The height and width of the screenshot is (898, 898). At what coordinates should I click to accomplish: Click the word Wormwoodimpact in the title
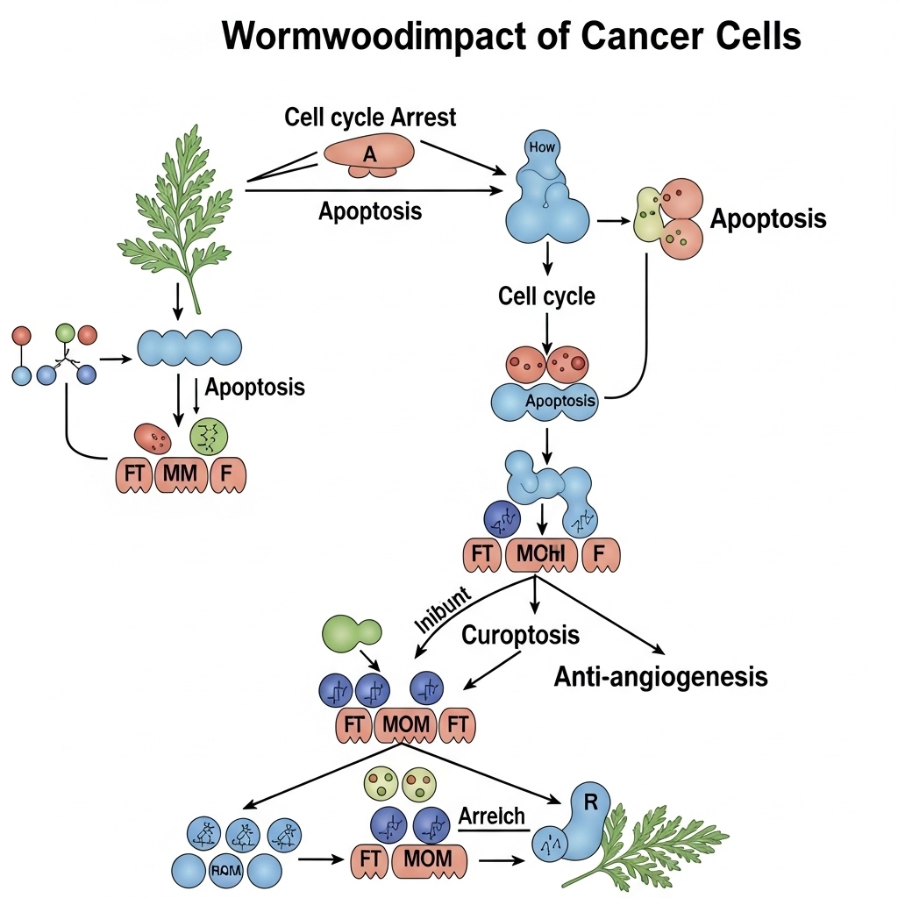pyautogui.click(x=359, y=37)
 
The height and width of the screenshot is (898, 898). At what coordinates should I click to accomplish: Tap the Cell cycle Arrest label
pyautogui.click(x=370, y=117)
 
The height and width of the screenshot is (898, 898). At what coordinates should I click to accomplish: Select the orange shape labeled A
pyautogui.click(x=370, y=153)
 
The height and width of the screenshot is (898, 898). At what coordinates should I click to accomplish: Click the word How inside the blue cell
pyautogui.click(x=543, y=147)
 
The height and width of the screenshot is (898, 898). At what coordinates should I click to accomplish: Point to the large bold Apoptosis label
pyautogui.click(x=768, y=218)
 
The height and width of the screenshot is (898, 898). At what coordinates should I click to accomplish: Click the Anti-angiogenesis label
pyautogui.click(x=661, y=676)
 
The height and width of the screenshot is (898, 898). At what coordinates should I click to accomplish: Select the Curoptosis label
pyautogui.click(x=521, y=634)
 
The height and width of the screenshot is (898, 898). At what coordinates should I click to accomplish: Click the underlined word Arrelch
pyautogui.click(x=491, y=816)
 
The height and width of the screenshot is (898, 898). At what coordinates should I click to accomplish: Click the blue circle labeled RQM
pyautogui.click(x=226, y=871)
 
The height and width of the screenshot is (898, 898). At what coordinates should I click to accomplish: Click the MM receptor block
pyautogui.click(x=182, y=474)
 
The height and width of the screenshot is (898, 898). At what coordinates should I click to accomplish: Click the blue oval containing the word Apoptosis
pyautogui.click(x=545, y=402)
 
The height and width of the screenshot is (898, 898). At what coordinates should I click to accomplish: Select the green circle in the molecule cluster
pyautogui.click(x=65, y=334)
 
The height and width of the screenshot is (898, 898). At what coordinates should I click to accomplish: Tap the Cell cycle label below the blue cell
pyautogui.click(x=546, y=296)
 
